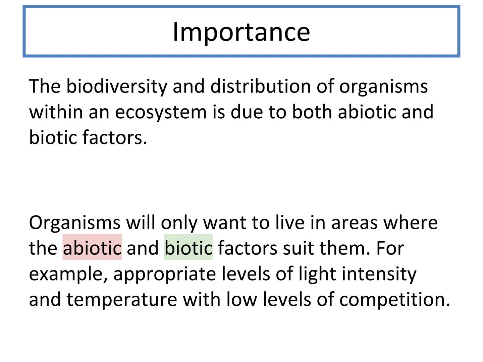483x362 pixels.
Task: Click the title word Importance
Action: click(241, 33)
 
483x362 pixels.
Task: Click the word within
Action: click(56, 112)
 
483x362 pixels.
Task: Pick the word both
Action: click(312, 112)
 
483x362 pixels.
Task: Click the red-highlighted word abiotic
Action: click(92, 247)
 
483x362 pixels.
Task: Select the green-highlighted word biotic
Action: click(189, 247)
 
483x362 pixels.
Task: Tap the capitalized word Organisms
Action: click(74, 223)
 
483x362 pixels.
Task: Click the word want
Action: click(225, 223)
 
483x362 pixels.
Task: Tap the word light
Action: click(317, 274)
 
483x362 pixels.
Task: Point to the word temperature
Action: click(122, 300)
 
